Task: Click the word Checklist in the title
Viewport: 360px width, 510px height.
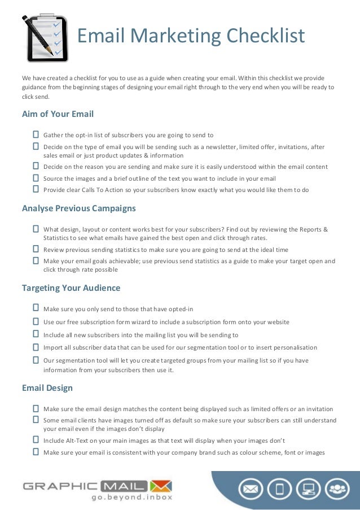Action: [265, 36]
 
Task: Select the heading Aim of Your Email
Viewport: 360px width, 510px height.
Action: [58, 114]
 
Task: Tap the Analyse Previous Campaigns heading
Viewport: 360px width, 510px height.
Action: [78, 208]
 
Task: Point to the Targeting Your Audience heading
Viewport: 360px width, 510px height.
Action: [71, 288]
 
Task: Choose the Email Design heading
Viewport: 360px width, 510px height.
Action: [47, 388]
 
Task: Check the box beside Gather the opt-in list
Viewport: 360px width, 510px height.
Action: [36, 135]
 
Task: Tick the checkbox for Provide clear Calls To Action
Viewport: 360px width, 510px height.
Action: [36, 190]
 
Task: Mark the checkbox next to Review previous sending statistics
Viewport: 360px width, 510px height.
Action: [36, 249]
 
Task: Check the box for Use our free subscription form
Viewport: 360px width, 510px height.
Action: [36, 322]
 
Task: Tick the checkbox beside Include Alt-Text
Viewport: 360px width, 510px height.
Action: [36, 441]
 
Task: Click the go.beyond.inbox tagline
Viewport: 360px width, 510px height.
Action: [131, 497]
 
